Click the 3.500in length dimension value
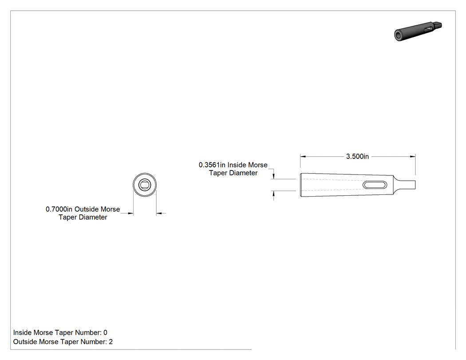tap(357, 156)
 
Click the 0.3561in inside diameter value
tap(212, 165)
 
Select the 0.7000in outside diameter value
tap(59, 209)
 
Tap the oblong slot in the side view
tap(375, 185)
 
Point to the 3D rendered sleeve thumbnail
tap(418, 31)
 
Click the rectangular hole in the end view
tap(145, 185)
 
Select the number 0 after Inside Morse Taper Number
tap(105, 332)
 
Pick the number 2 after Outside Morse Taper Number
tap(111, 342)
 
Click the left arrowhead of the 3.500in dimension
tap(303, 156)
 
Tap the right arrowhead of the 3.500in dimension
tap(413, 156)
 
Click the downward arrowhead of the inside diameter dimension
tap(274, 176)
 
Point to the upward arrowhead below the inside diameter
tap(274, 194)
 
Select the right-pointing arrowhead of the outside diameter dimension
tap(130, 213)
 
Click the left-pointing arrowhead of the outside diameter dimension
tap(159, 213)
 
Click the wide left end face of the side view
tap(300, 185)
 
